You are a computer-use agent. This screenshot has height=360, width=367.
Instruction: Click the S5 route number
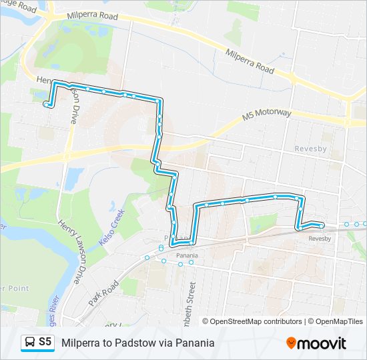(45, 342)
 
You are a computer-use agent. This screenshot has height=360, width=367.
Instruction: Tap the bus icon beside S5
(30, 343)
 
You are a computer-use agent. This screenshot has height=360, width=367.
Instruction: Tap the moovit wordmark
(322, 343)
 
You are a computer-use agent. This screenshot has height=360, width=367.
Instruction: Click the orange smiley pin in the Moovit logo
(292, 343)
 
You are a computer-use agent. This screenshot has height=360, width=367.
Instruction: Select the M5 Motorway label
(267, 115)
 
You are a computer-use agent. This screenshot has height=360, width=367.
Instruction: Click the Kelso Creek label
(113, 226)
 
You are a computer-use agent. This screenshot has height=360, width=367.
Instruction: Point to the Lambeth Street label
(193, 300)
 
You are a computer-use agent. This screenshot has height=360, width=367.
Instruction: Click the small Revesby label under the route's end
(320, 238)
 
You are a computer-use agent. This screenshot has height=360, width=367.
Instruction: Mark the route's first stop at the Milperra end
(46, 103)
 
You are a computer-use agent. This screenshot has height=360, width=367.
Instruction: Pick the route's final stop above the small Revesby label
(322, 226)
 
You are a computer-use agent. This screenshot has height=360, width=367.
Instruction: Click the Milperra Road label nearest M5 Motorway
(250, 61)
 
